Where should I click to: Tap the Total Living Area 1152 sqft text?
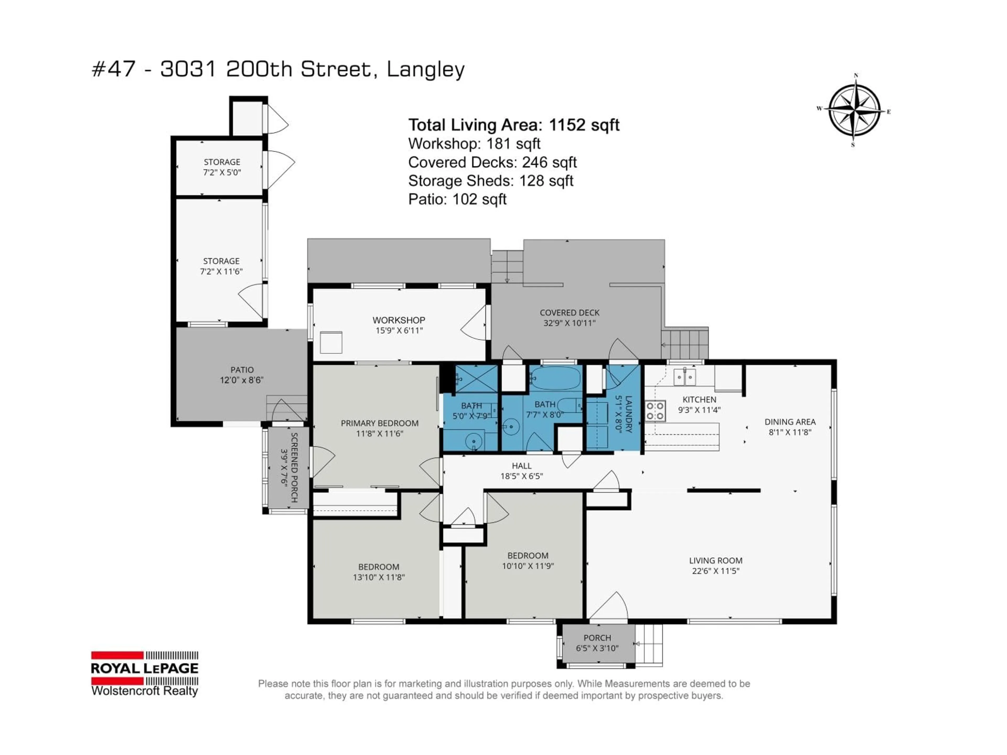click(513, 125)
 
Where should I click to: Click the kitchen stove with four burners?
click(655, 411)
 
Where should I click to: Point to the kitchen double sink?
click(685, 377)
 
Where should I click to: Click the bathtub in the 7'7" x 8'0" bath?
click(556, 378)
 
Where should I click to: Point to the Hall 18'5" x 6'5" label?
click(521, 471)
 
